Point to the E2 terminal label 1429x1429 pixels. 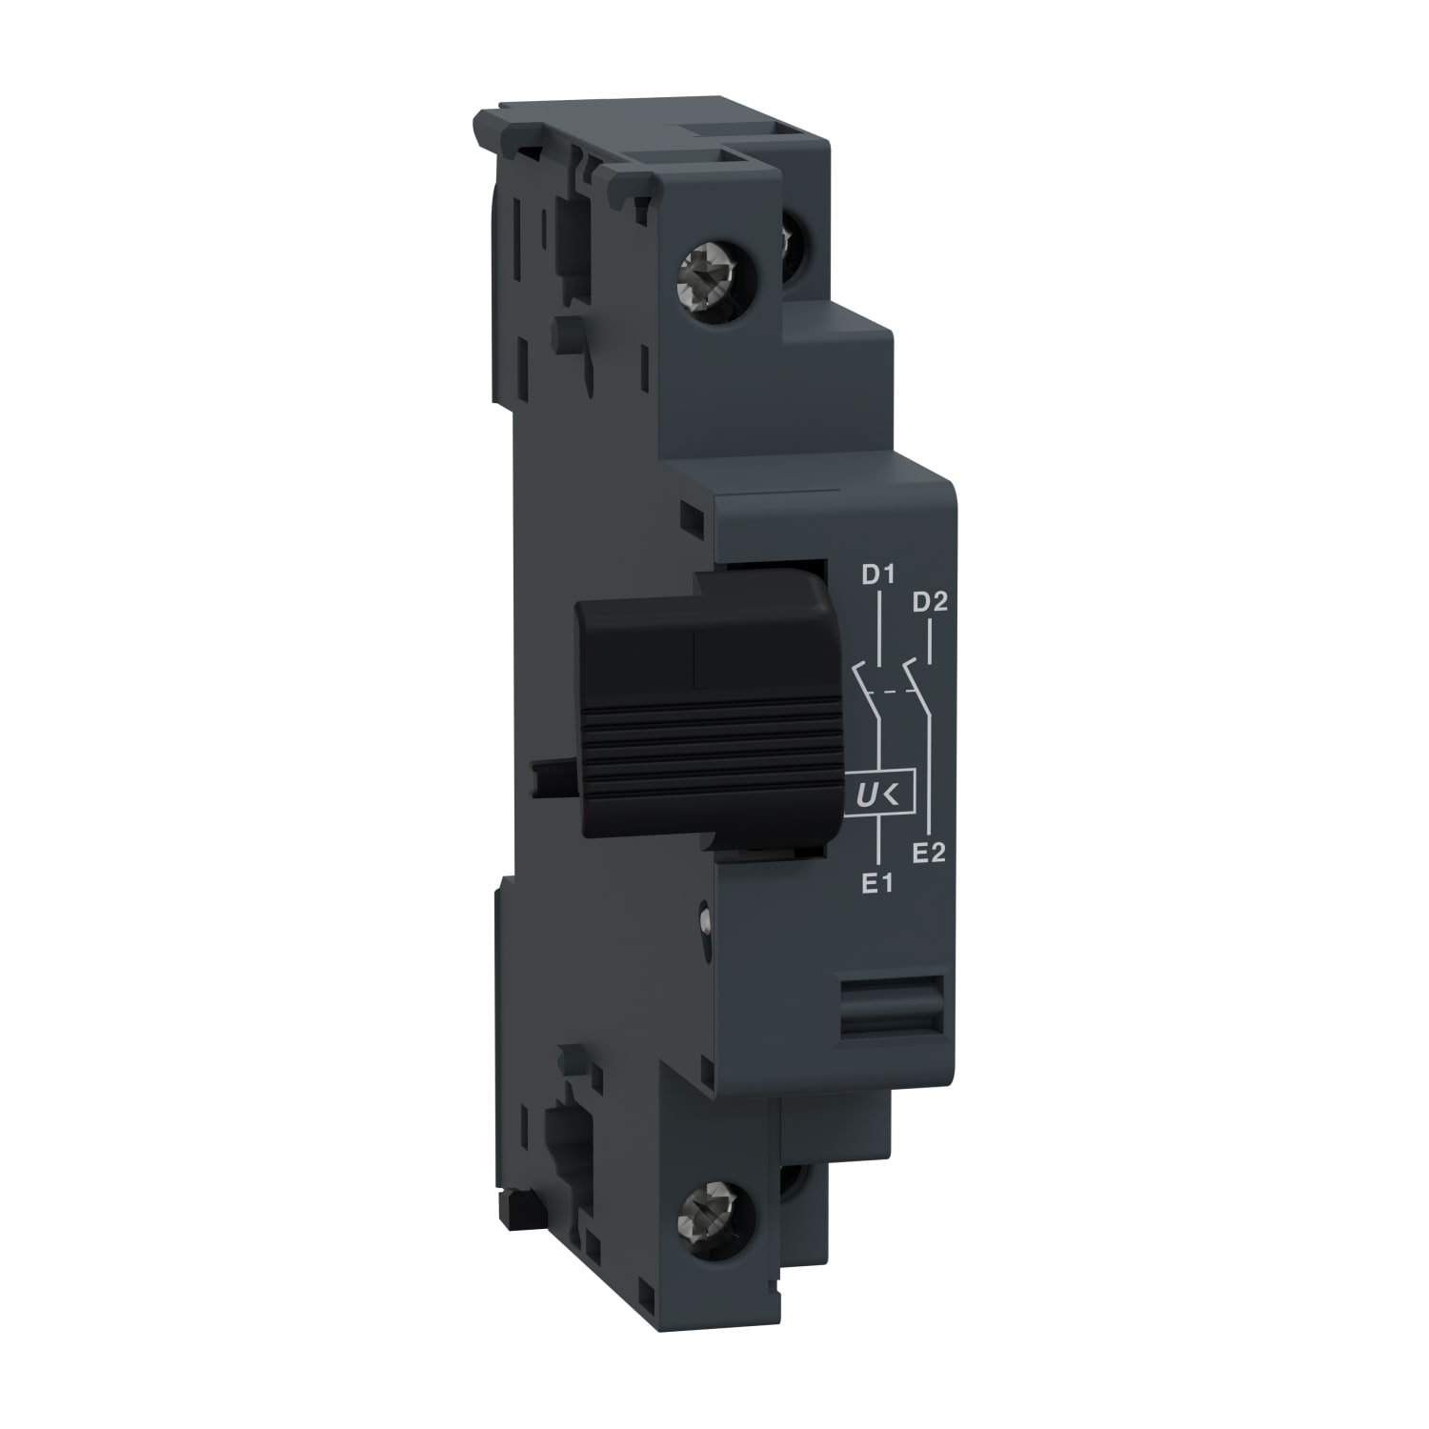click(x=928, y=853)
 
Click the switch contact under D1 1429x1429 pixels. click(x=866, y=681)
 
